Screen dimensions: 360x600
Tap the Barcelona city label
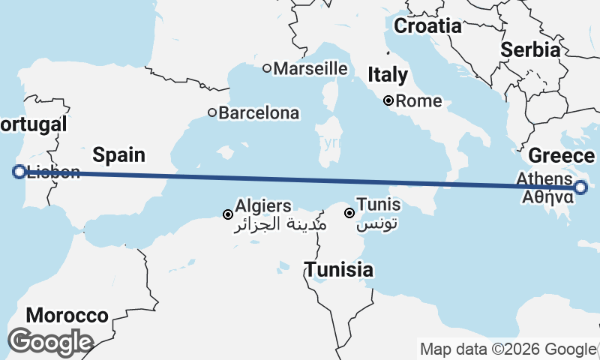click(259, 113)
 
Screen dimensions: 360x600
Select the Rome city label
click(418, 100)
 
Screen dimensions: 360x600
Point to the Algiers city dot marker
click(228, 215)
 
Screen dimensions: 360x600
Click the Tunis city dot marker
click(349, 214)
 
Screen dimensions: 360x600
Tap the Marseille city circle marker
click(266, 68)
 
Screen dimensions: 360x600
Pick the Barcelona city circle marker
click(212, 113)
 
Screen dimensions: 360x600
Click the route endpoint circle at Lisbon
click(19, 172)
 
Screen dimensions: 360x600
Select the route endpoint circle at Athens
click(582, 187)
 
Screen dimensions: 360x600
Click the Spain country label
click(118, 155)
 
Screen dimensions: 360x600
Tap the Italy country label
click(388, 75)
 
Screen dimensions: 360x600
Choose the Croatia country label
click(427, 26)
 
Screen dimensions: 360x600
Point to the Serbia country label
click(531, 50)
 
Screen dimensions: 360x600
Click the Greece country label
click(562, 156)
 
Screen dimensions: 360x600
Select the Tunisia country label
click(339, 269)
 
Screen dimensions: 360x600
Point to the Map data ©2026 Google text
click(508, 349)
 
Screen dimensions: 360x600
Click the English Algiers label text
click(263, 205)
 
